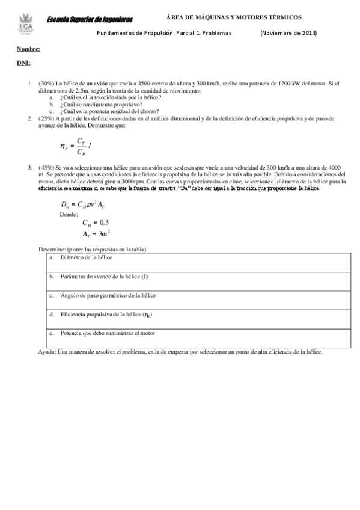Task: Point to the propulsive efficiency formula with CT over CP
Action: (x=76, y=146)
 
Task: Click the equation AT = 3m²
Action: (x=96, y=234)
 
